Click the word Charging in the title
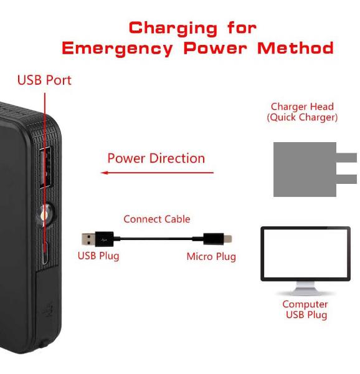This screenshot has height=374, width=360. [x=173, y=29]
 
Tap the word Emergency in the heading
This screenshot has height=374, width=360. [x=117, y=49]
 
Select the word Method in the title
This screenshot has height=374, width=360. [x=295, y=48]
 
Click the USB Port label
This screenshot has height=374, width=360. [x=44, y=80]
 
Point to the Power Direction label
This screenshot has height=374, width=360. [x=156, y=158]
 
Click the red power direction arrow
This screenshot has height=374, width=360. [x=157, y=173]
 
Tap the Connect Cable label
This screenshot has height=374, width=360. [x=157, y=219]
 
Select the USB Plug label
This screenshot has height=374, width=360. [x=98, y=256]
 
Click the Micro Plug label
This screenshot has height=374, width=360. [x=211, y=257]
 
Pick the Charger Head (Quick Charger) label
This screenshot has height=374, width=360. [x=302, y=112]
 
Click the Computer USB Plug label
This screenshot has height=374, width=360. [x=305, y=309]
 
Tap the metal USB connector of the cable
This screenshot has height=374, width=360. [x=88, y=239]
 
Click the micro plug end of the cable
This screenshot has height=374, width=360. [x=217, y=239]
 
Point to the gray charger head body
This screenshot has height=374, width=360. [x=305, y=170]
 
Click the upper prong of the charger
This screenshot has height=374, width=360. [x=346, y=158]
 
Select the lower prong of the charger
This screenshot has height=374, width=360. [x=346, y=179]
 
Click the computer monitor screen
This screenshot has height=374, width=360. [x=305, y=253]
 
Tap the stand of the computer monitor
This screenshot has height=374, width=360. [x=305, y=289]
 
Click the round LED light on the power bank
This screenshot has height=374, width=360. [x=45, y=214]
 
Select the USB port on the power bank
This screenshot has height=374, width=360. [x=45, y=168]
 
